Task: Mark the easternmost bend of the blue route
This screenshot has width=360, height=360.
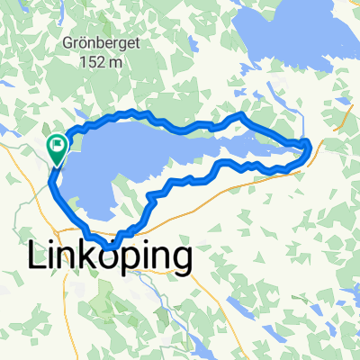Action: point(310,146)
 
